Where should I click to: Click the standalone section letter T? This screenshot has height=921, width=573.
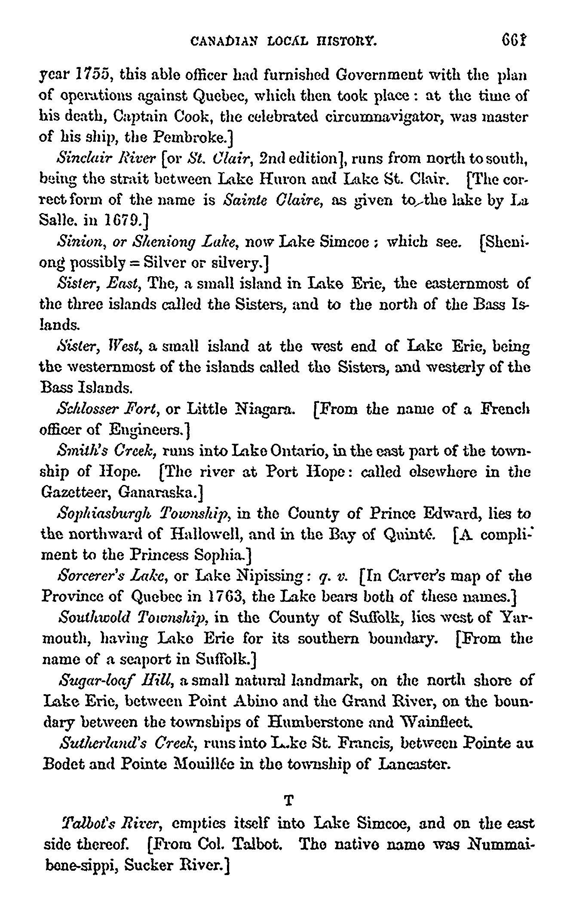tap(290, 800)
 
